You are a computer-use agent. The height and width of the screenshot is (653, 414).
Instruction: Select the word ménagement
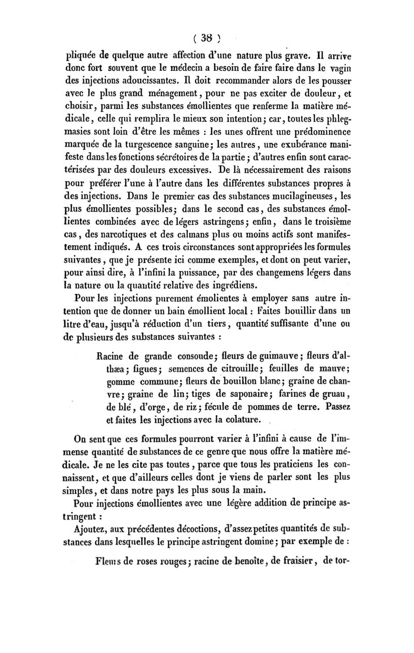[x=192, y=94]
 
